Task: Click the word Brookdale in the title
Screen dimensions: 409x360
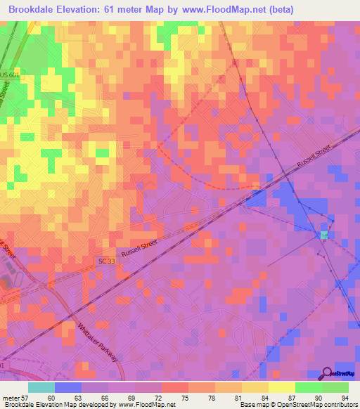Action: [34, 9]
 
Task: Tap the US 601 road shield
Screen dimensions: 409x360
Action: [10, 75]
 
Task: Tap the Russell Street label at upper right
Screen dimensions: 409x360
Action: [313, 157]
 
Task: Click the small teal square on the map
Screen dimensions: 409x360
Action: [324, 234]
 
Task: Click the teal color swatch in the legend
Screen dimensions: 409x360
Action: [41, 387]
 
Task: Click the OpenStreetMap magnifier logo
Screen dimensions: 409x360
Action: [328, 373]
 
